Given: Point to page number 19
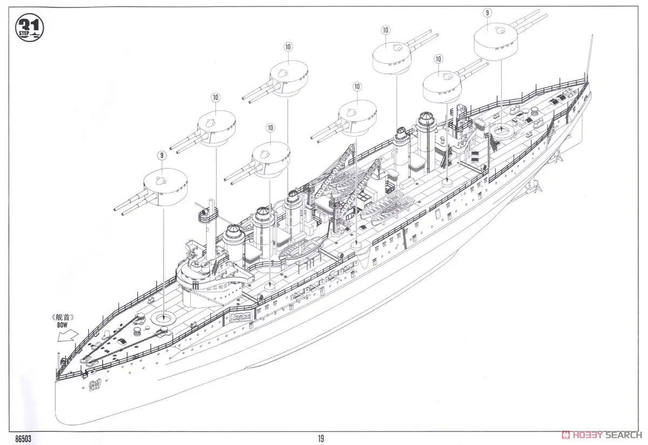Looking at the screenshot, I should tap(321, 439).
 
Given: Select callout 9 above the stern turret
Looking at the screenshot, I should tap(488, 12).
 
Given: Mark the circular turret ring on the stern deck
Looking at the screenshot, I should tap(502, 130).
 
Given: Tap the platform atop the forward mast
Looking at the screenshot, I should tap(208, 214).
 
